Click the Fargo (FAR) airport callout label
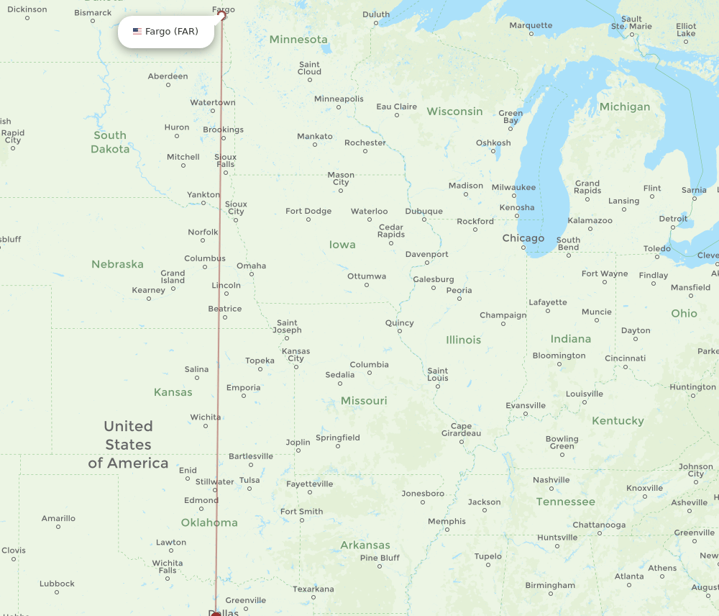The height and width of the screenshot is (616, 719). pos(166,32)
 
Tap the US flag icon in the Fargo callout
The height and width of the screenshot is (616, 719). pos(137,32)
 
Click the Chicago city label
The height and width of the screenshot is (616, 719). pos(523,238)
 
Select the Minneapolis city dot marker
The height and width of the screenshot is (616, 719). pos(339,108)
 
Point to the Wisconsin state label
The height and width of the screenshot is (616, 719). pos(454,112)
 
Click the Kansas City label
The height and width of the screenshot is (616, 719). pos(296,355)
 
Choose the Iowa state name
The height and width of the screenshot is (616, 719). pos(342,245)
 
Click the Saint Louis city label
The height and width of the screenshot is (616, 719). pos(437,374)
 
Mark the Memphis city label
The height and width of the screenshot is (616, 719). pos(446,522)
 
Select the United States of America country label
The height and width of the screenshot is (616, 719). pos(128,445)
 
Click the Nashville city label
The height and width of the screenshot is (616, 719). pos(551,480)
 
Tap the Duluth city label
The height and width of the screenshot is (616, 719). pos(375,14)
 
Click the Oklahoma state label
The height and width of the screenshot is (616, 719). pos(209,522)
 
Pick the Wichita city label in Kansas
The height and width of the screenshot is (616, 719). pos(205,417)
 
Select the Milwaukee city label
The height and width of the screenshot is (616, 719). pos(513,187)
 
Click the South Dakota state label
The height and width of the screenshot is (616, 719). pos(110,142)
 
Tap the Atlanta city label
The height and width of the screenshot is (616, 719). pos(629,576)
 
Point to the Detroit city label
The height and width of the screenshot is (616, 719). pos(673,219)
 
